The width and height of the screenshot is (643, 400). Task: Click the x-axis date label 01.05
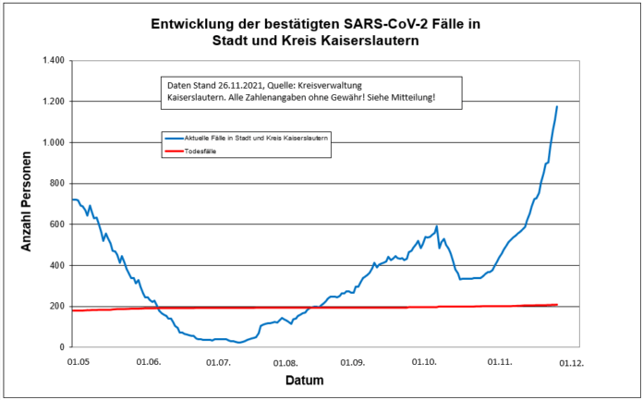[78, 362]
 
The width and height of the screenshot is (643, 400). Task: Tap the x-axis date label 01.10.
[426, 362]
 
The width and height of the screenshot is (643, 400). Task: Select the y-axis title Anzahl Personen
[27, 203]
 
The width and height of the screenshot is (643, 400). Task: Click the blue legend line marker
[173, 137]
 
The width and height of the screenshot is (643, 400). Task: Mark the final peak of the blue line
[557, 106]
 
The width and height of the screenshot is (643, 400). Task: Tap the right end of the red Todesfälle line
[557, 305]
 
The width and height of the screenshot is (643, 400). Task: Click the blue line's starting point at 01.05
[72, 200]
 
